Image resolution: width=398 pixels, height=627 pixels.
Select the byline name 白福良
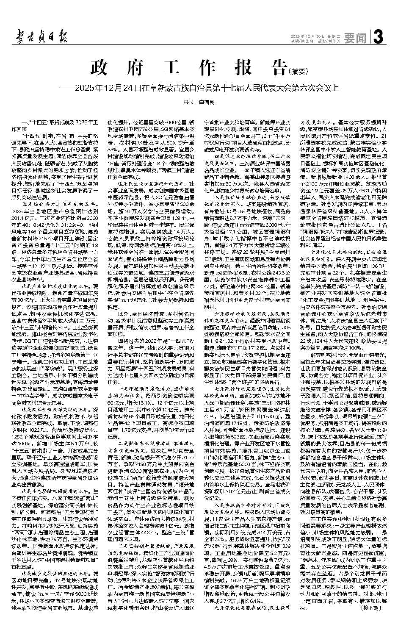point(207,102)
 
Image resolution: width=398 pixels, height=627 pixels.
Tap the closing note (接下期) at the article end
point(367,608)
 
